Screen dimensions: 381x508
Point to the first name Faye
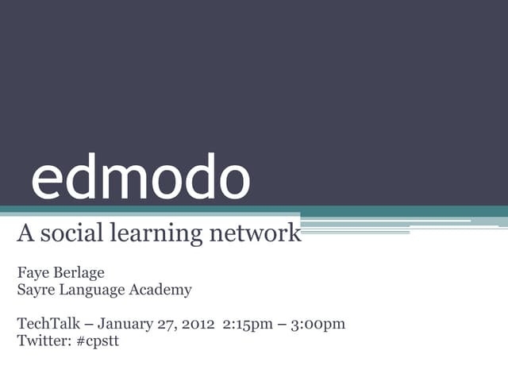(33, 274)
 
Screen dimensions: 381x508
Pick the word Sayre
(36, 291)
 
